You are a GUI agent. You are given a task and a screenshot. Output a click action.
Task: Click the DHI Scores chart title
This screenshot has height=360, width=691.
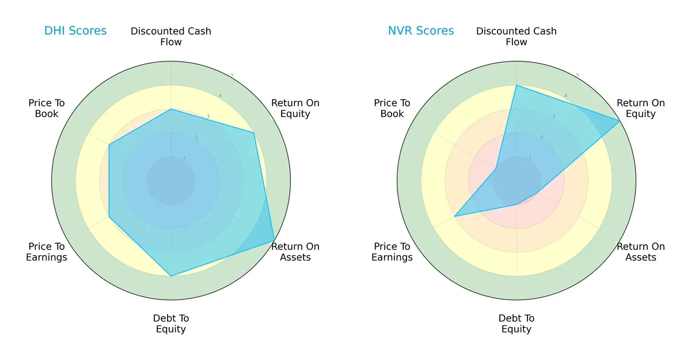tap(75, 31)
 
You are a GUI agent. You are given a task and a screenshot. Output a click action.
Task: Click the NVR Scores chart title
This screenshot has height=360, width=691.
tap(421, 31)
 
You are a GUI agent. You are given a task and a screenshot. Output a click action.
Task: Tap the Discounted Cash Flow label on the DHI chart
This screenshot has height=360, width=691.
tap(171, 36)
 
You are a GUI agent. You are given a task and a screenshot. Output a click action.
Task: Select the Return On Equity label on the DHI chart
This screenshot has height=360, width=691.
tap(295, 108)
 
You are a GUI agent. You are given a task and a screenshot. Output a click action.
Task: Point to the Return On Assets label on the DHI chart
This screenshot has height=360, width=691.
tap(295, 252)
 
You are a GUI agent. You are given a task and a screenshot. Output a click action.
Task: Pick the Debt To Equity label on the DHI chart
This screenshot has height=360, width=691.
tap(171, 324)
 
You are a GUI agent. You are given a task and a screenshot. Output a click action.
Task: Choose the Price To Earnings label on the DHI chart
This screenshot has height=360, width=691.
tap(47, 252)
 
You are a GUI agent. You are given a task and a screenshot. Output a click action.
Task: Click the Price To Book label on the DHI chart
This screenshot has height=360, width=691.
tap(47, 108)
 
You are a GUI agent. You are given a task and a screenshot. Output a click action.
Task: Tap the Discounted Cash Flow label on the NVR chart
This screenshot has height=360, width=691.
tap(517, 36)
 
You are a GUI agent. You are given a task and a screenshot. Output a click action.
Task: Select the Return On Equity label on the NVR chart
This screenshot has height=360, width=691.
tap(641, 108)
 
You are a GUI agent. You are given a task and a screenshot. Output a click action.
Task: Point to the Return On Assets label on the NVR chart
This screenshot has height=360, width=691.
tap(641, 252)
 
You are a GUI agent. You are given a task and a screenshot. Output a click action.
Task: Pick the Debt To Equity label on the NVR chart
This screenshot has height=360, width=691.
tap(517, 324)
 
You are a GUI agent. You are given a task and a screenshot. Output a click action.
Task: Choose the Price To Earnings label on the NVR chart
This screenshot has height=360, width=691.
tap(392, 252)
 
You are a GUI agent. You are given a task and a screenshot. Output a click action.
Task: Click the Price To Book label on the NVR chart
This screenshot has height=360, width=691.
tap(392, 108)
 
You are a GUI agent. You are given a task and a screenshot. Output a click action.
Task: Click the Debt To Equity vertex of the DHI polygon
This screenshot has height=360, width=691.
tap(171, 276)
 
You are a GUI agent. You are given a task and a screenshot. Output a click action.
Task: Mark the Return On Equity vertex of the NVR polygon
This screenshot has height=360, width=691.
tap(620, 121)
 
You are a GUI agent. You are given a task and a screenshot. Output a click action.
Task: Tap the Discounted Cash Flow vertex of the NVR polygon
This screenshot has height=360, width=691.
tap(517, 85)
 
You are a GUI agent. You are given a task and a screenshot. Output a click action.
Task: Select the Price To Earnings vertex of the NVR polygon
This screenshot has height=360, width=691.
tap(455, 217)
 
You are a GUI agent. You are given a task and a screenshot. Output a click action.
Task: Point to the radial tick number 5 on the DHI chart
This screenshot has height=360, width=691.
tap(232, 75)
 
